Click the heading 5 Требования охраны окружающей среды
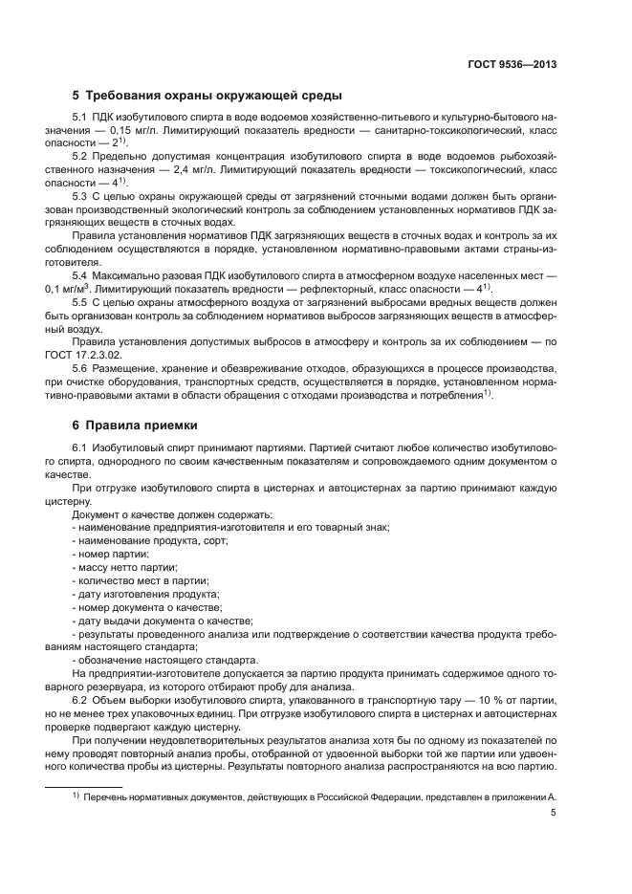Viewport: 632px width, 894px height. coord(207,96)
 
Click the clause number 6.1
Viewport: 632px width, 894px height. coord(83,448)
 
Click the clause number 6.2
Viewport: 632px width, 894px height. coord(83,698)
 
